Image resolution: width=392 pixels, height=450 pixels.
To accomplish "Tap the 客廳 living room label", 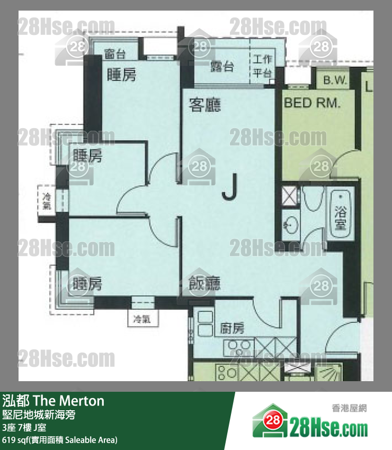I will pyautogui.click(x=204, y=105).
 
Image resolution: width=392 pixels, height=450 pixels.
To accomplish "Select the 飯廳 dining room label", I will pyautogui.click(x=204, y=284).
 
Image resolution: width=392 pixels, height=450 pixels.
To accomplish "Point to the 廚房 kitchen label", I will pyautogui.click(x=232, y=328).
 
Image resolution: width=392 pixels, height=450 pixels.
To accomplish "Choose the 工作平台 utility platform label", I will pyautogui.click(x=263, y=66).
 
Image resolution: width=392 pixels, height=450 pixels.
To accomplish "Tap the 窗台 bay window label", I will pyautogui.click(x=115, y=53).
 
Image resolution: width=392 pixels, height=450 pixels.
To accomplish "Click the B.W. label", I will pyautogui.click(x=335, y=81).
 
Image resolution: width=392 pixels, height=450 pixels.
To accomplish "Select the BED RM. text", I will pyautogui.click(x=312, y=103).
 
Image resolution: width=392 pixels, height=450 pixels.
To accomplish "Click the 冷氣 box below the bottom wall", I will pyautogui.click(x=142, y=319).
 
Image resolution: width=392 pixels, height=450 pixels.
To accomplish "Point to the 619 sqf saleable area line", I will pyautogui.click(x=59, y=439).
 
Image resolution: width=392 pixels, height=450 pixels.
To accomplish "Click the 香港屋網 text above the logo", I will pyautogui.click(x=349, y=408).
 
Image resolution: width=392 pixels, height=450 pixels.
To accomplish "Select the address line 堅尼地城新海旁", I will pyautogui.click(x=39, y=415).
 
